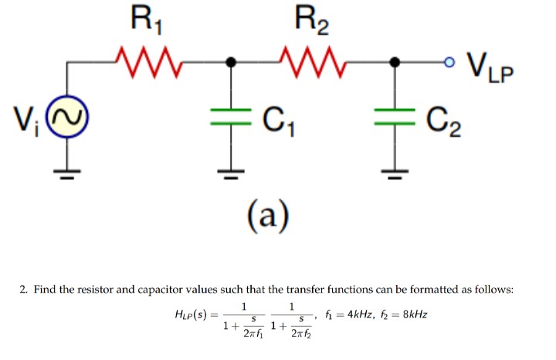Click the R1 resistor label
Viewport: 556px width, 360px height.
click(146, 20)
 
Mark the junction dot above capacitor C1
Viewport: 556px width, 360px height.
click(229, 62)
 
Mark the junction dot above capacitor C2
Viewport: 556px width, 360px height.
click(395, 62)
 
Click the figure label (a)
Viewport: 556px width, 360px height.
click(267, 217)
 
